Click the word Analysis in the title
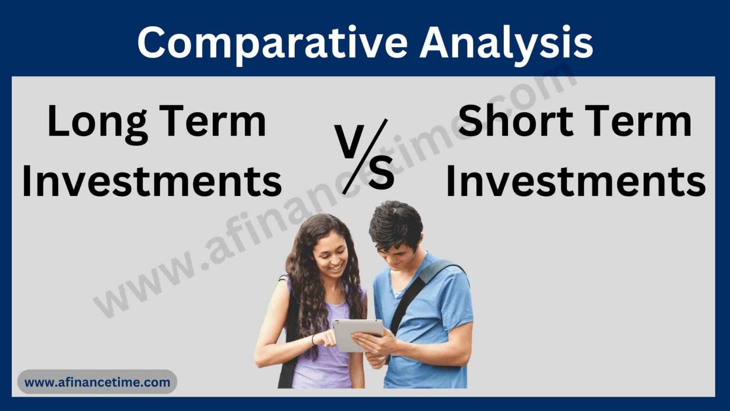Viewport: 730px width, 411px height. pyautogui.click(x=506, y=43)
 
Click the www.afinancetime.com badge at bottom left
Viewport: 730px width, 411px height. pyautogui.click(x=97, y=382)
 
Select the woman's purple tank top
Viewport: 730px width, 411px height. pyautogui.click(x=323, y=362)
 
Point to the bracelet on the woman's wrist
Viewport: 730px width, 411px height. pyautogui.click(x=313, y=340)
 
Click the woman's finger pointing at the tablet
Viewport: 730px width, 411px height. pyautogui.click(x=330, y=333)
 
